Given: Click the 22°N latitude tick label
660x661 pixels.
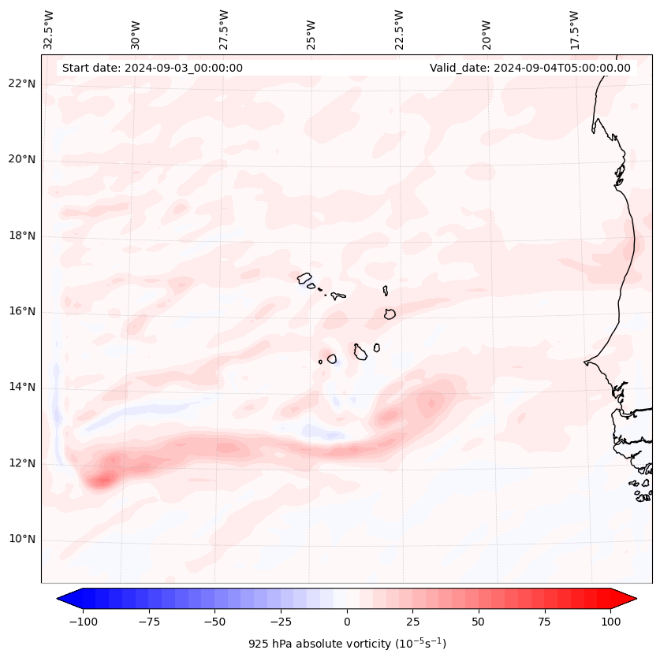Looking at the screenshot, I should [23, 84].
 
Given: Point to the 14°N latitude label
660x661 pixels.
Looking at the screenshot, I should [23, 388].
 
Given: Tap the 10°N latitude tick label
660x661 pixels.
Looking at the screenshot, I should [23, 540].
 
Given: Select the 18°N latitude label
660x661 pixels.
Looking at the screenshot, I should [23, 236].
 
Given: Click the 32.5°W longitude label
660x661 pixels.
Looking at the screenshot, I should [49, 30].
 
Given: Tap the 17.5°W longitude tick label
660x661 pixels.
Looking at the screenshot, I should [574, 30].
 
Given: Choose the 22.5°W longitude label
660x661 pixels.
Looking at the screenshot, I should [399, 30].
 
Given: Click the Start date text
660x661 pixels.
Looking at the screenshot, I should [152, 68].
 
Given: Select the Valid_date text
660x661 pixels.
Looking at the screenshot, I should [530, 68].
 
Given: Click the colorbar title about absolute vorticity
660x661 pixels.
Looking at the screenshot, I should [347, 644].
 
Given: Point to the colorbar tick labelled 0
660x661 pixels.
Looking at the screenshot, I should [347, 622].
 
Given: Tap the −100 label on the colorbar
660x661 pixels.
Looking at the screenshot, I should [83, 622].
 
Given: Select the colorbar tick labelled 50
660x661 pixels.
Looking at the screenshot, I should [479, 622].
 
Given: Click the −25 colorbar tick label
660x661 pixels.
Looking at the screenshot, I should [281, 622].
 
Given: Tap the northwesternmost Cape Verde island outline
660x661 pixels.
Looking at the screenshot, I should [304, 278].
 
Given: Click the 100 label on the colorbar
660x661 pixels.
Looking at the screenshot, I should [610, 622].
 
